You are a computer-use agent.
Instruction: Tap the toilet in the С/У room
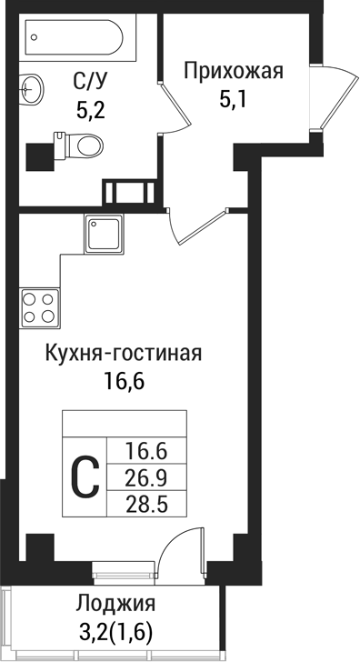click(83, 144)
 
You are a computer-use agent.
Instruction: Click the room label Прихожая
click(234, 70)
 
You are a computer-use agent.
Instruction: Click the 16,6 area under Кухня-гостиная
click(125, 381)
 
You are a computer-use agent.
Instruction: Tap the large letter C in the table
click(85, 476)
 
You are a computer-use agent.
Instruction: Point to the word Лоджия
click(115, 605)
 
